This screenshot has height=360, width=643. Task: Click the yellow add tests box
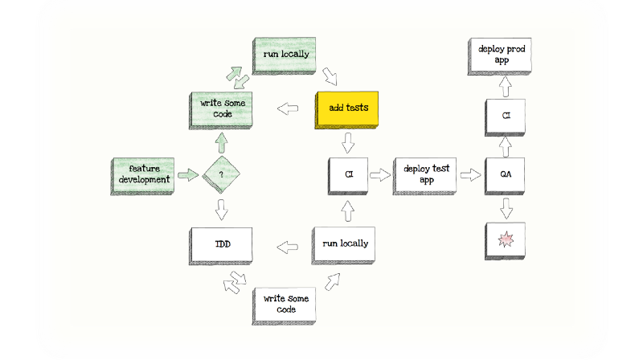click(x=346, y=110)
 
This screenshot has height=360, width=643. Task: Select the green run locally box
click(x=284, y=55)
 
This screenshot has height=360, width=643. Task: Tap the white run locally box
click(x=343, y=245)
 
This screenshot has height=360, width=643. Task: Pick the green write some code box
click(x=220, y=111)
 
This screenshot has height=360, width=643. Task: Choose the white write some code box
click(x=284, y=306)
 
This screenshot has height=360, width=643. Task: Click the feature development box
click(x=142, y=176)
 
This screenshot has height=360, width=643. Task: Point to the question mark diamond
click(x=221, y=174)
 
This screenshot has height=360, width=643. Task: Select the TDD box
click(x=220, y=246)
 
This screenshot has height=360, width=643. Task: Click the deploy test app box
click(x=424, y=176)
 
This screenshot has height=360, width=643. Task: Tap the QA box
click(x=505, y=176)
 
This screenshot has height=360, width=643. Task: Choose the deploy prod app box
click(x=499, y=56)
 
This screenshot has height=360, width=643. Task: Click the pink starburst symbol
click(x=506, y=239)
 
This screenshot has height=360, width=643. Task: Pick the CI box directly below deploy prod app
click(x=505, y=117)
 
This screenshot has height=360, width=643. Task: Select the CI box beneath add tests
click(x=348, y=176)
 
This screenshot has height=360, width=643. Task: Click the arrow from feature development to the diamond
click(x=188, y=175)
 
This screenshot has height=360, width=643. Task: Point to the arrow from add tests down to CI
click(x=348, y=143)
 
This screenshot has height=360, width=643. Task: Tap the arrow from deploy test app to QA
click(x=470, y=175)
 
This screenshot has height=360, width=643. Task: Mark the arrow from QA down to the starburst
click(x=506, y=208)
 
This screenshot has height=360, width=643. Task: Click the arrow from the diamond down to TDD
click(x=222, y=210)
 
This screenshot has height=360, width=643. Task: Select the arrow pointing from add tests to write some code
click(x=288, y=108)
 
